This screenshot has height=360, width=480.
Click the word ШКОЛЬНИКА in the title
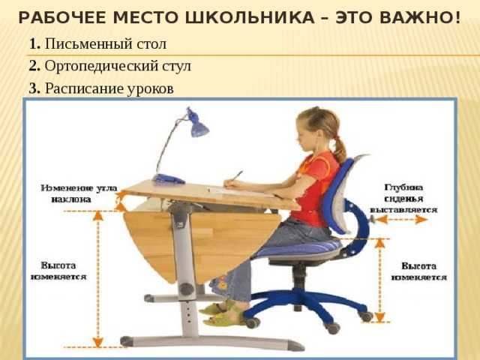pyautogui.click(x=250, y=18)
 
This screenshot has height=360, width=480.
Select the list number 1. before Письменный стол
pyautogui.click(x=35, y=43)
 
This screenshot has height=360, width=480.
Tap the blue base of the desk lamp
pyautogui.click(x=168, y=178)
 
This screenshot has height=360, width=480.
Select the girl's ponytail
pyautogui.click(x=339, y=150)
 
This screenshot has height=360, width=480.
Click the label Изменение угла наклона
pyautogui.click(x=79, y=193)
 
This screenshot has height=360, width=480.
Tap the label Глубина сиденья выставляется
pyautogui.click(x=403, y=199)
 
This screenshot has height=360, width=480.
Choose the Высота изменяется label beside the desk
pyautogui.click(x=58, y=271)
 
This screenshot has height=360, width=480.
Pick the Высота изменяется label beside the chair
pyautogui.click(x=418, y=271)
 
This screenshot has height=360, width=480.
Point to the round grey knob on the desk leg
pyautogui.click(x=186, y=289)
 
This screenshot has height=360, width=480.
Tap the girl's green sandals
pyautogui.click(x=221, y=313)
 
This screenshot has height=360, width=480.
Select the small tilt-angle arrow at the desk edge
pyautogui.click(x=121, y=202)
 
